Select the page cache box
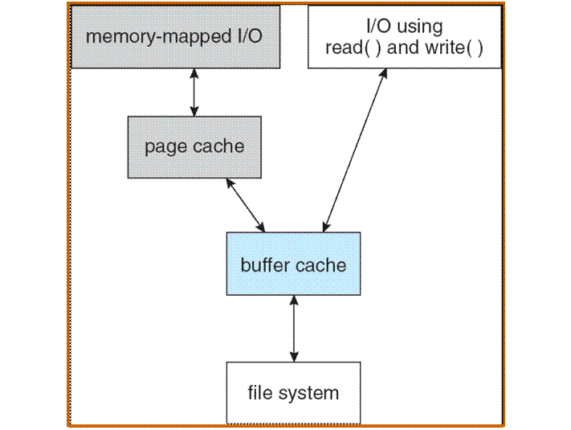pyautogui.click(x=194, y=146)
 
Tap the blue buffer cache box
pyautogui.click(x=293, y=264)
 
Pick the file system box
pyautogui.click(x=293, y=393)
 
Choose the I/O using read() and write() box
pyautogui.click(x=404, y=37)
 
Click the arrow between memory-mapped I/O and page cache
pyautogui.click(x=193, y=92)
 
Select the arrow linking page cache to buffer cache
pyautogui.click(x=247, y=205)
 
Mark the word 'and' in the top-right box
pyautogui.click(x=402, y=47)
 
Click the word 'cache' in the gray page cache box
pyautogui.click(x=217, y=147)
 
